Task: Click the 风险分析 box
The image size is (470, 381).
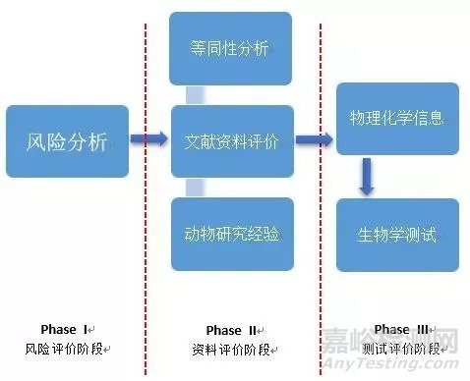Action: [x=67, y=140]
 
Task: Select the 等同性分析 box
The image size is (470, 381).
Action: [x=231, y=48]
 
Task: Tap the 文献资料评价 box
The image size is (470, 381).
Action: [x=231, y=141]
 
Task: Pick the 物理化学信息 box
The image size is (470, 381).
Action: [x=397, y=119]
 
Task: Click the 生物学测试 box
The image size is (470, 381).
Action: [x=397, y=235]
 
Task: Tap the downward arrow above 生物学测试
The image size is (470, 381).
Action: [x=366, y=176]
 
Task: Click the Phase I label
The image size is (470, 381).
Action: [x=65, y=329]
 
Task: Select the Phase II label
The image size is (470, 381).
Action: [x=231, y=330]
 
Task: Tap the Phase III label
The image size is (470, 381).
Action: [x=396, y=330]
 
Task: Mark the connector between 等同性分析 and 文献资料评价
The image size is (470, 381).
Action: [x=196, y=94]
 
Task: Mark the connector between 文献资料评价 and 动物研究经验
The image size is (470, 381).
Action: [x=196, y=187]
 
